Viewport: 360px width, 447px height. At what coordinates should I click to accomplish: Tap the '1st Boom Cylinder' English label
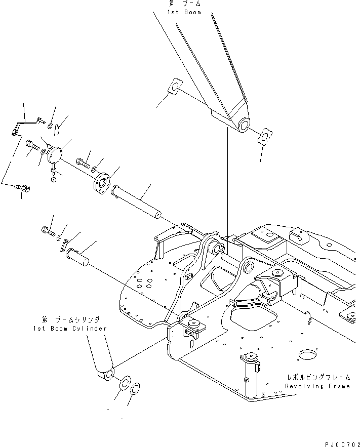click(x=74, y=328)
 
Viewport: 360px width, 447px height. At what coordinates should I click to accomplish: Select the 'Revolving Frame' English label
click(x=317, y=386)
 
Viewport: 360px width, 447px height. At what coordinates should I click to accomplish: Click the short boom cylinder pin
click(x=80, y=256)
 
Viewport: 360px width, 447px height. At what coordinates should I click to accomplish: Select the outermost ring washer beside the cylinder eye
click(x=135, y=390)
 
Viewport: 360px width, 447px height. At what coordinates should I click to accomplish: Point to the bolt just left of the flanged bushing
click(x=83, y=163)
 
